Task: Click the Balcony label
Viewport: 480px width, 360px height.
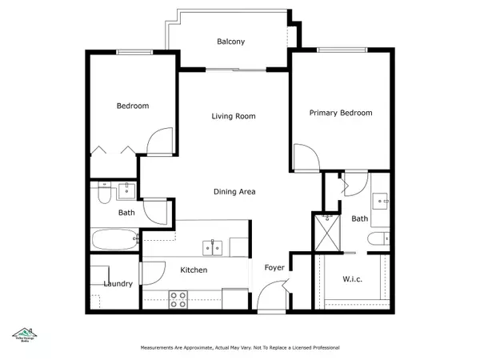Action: click(x=230, y=42)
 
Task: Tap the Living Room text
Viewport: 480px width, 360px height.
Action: click(x=233, y=116)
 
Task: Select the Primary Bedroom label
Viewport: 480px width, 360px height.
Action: click(x=341, y=113)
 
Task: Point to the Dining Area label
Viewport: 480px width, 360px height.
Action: click(x=234, y=192)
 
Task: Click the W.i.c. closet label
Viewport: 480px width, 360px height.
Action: click(x=353, y=279)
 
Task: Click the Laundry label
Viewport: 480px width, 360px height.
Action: click(x=118, y=284)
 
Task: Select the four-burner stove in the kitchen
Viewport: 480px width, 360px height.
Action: click(x=178, y=299)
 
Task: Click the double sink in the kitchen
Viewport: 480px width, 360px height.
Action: click(x=213, y=247)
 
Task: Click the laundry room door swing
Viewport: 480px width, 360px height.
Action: click(x=149, y=274)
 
